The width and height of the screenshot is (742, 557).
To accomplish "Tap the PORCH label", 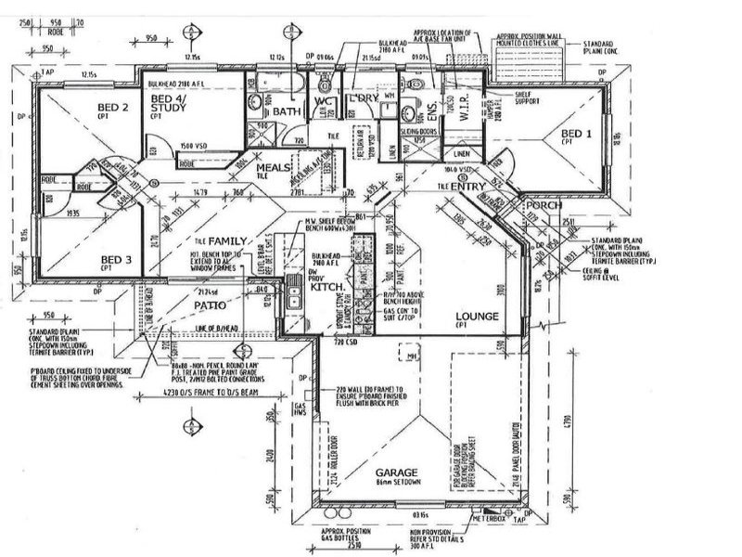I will [538, 204].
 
